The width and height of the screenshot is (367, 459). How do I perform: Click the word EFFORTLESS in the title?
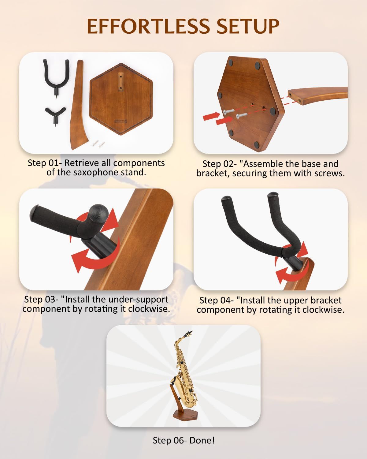(x=148, y=26)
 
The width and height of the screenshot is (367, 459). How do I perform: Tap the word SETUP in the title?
(x=248, y=26)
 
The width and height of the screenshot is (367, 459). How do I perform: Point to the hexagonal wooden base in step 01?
(x=121, y=99)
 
